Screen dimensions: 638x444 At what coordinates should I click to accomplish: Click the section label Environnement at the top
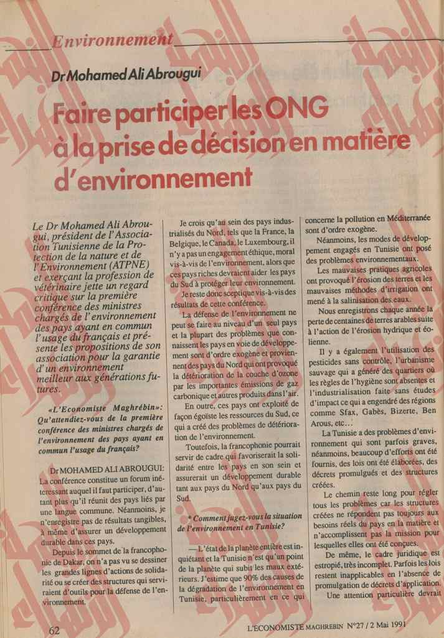(x=112, y=44)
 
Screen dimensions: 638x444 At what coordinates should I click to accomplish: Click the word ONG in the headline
(x=293, y=111)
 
